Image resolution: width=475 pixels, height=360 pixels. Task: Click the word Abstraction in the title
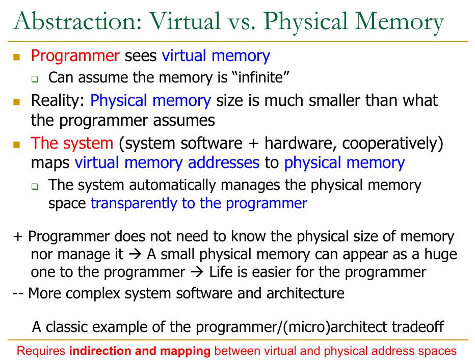click(x=77, y=21)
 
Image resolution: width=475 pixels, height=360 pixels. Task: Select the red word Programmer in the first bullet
click(x=75, y=56)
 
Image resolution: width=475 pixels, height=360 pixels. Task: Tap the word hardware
click(x=300, y=143)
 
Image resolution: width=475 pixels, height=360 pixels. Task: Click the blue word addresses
click(x=224, y=162)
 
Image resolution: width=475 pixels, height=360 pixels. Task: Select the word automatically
click(x=172, y=185)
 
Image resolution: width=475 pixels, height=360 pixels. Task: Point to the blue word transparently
click(x=134, y=204)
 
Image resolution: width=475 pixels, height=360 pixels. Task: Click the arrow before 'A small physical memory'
click(x=135, y=254)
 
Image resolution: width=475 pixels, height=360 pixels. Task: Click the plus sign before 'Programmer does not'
click(x=18, y=236)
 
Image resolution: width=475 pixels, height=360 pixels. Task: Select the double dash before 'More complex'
click(x=18, y=294)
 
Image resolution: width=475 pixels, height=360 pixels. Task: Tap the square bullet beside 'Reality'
click(x=17, y=102)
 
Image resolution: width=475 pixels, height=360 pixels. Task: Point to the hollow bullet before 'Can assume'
click(x=35, y=79)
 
